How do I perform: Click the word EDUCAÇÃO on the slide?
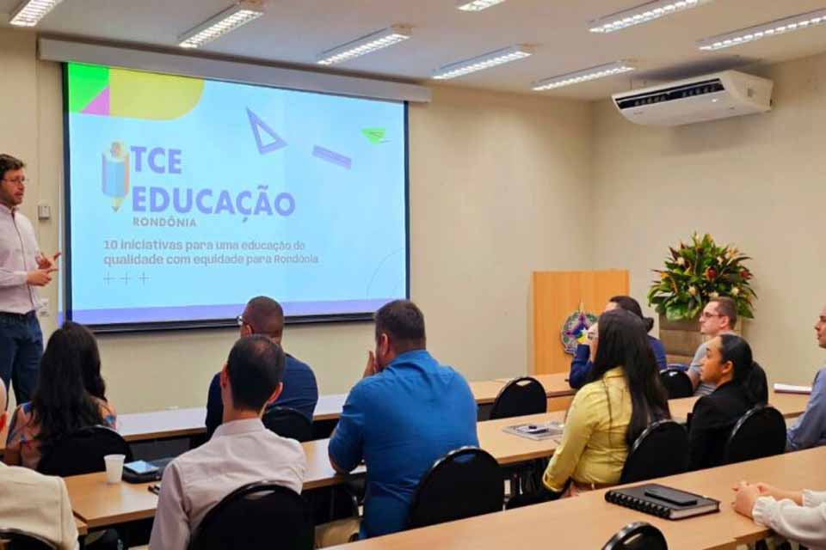click(213, 201)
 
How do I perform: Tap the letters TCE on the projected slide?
click(157, 161)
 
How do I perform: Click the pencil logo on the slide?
click(115, 174)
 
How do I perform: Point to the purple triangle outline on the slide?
click(263, 132)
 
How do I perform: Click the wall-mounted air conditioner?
click(692, 97)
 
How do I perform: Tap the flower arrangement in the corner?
click(701, 275)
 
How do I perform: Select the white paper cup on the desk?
click(114, 467)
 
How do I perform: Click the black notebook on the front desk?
click(661, 502)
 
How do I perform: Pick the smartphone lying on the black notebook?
click(670, 494)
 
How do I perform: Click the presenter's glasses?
click(15, 180)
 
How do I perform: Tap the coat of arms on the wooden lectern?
click(576, 332)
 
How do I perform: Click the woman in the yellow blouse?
click(602, 412)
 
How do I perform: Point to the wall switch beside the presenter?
click(44, 211)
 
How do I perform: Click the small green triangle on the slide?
click(374, 135)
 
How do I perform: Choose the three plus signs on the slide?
click(126, 278)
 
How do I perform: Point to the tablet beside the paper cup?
click(142, 469)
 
